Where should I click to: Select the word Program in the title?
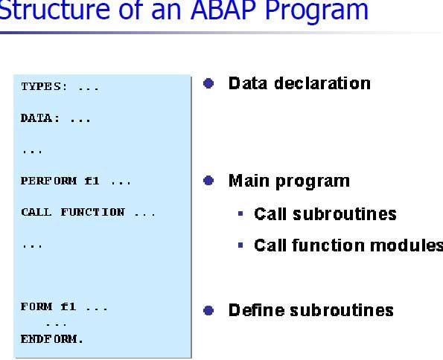pyautogui.click(x=316, y=13)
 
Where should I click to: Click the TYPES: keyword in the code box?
pyautogui.click(x=45, y=86)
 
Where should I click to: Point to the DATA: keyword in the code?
pyautogui.click(x=40, y=118)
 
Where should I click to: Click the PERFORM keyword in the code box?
pyautogui.click(x=48, y=181)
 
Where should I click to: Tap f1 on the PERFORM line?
pyautogui.click(x=92, y=181)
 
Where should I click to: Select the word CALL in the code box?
pyautogui.click(x=36, y=212)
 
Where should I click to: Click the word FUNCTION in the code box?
pyautogui.click(x=92, y=212)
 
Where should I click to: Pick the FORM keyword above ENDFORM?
pyautogui.click(x=36, y=306)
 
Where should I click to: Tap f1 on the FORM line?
pyautogui.click(x=68, y=306)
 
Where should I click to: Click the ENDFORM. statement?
pyautogui.click(x=51, y=339)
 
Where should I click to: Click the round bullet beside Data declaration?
pyautogui.click(x=208, y=83)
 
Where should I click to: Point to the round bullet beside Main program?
pyautogui.click(x=208, y=181)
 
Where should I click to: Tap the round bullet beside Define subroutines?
pyautogui.click(x=208, y=311)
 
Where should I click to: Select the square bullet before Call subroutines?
pyautogui.click(x=240, y=213)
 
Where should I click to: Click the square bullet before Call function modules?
pyautogui.click(x=240, y=245)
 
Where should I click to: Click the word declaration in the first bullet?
pyautogui.click(x=322, y=83)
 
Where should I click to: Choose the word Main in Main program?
pyautogui.click(x=249, y=181)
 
